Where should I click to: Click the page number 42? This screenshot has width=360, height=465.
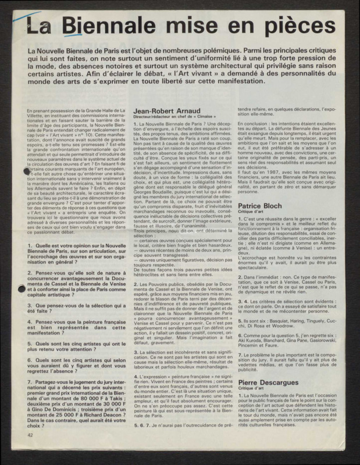pyautogui.click(x=29, y=450)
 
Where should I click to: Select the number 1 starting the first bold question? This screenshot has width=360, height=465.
pyautogui.click(x=30, y=246)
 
